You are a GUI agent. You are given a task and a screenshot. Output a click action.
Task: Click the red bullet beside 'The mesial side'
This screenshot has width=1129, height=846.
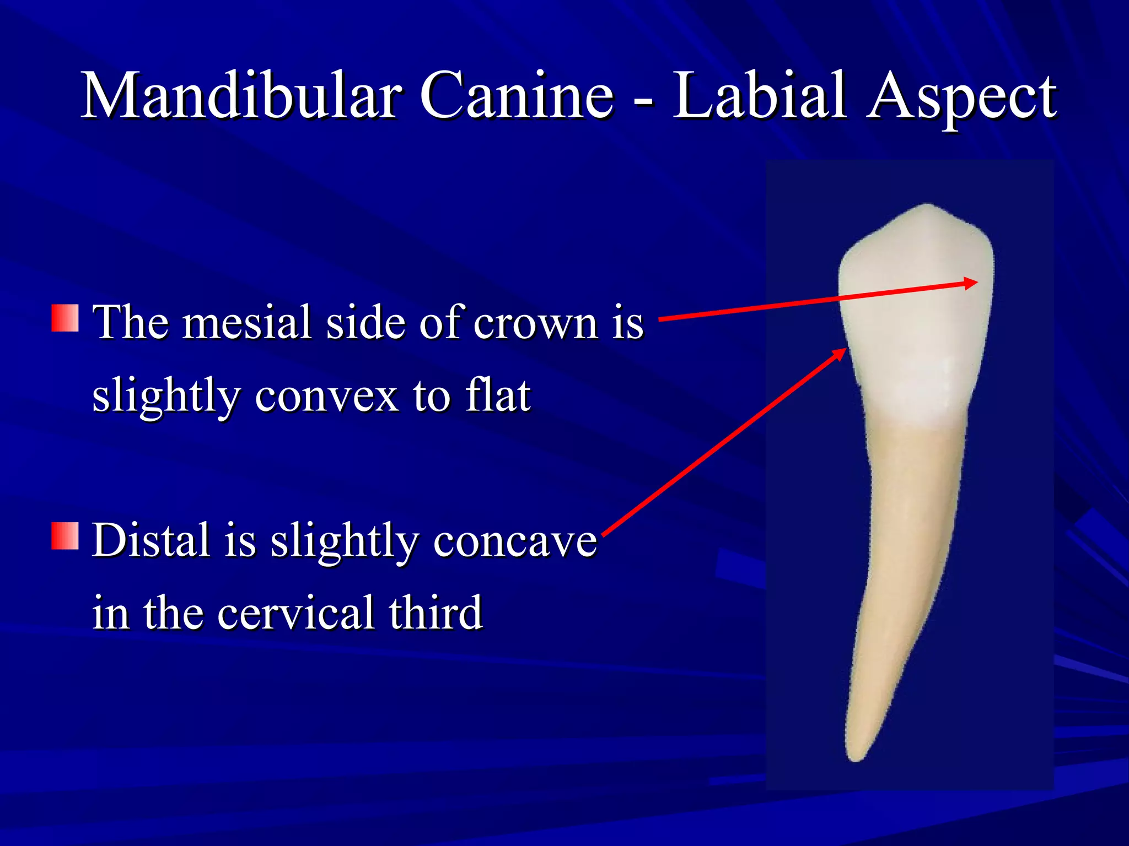tap(65, 318)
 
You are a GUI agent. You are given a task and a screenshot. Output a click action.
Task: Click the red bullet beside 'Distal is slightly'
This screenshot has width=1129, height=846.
tap(65, 536)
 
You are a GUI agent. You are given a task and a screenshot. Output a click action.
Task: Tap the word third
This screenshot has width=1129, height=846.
tap(436, 612)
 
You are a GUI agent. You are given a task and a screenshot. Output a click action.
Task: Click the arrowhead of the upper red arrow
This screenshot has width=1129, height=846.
tap(971, 283)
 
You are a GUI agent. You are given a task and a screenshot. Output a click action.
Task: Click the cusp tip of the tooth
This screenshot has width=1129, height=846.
tap(928, 206)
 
